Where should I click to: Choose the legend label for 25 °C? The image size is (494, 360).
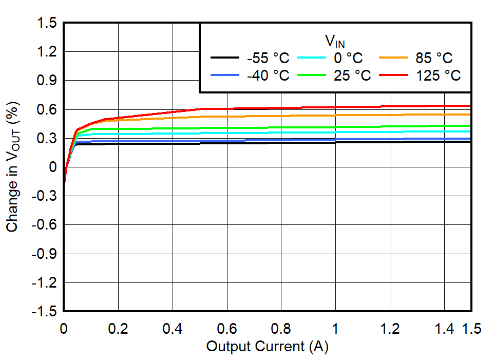(352, 75)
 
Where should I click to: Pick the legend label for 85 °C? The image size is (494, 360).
(434, 58)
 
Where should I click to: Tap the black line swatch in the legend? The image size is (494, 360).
(225, 58)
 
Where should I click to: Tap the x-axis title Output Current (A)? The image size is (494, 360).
(267, 347)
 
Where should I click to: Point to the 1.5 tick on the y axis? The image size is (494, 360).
(47, 23)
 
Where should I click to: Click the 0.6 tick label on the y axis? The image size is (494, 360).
(47, 109)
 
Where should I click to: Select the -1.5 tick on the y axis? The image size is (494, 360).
(45, 311)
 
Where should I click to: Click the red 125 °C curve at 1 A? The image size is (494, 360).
(335, 107)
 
